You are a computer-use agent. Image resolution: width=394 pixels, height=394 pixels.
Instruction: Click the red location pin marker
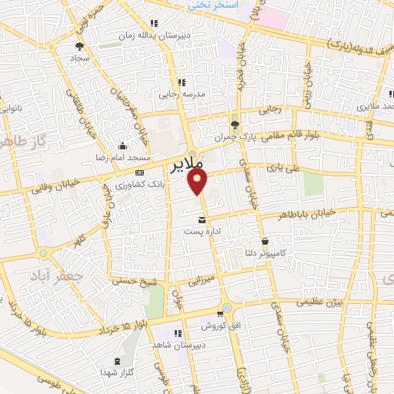tap(199, 182)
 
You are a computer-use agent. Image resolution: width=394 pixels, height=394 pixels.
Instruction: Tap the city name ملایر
tap(185, 165)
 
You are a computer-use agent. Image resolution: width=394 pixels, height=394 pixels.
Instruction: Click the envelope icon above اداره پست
tap(202, 219)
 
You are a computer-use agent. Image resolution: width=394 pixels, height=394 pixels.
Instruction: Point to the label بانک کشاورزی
tap(137, 185)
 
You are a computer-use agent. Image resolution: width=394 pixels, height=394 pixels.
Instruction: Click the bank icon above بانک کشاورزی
tap(139, 173)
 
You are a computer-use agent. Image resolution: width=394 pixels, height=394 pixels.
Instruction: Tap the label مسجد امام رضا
tap(121, 156)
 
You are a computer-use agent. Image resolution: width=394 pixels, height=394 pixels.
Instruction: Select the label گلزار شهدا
tap(117, 372)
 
